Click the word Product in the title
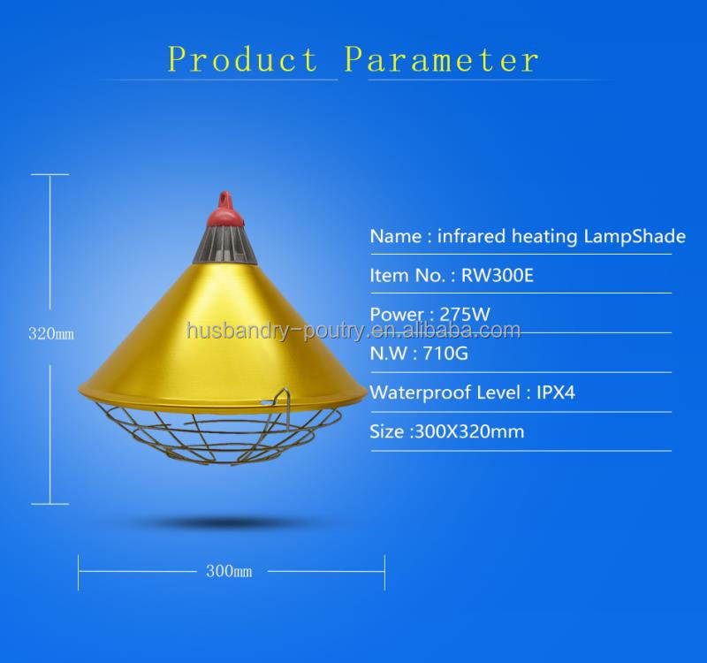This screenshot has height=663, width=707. pos(243,60)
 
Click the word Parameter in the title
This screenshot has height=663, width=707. pos(441,60)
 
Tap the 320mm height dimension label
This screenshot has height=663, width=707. pos(51,335)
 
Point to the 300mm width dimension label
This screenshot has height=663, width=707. pos(229,571)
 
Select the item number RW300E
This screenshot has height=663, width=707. pos(498,276)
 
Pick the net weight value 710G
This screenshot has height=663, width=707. pos(450,353)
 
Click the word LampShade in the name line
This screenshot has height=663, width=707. pos(635,237)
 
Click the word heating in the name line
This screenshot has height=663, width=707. pos(543,237)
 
